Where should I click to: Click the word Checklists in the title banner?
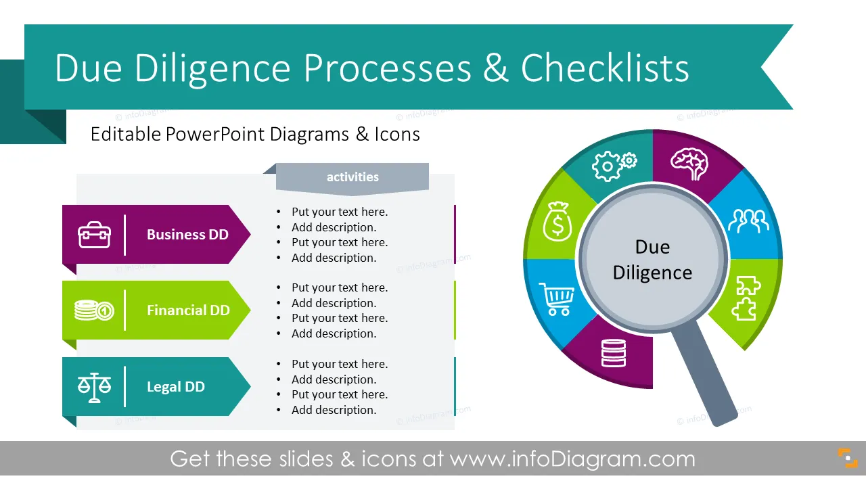coord(605,68)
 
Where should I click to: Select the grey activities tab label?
coord(352,177)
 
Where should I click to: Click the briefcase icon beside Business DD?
coord(94,235)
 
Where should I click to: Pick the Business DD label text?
coord(187,235)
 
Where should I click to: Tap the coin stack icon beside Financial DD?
coord(94,310)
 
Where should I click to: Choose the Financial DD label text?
coord(188,310)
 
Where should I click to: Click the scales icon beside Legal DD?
coord(94,388)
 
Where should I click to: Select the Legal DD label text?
coord(175,387)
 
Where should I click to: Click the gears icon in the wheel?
coord(614,166)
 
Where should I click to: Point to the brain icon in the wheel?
coord(689,164)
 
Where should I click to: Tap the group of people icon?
coord(748,221)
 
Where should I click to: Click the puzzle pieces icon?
coord(746,298)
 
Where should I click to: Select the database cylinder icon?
coord(614,353)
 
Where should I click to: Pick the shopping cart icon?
coord(556,299)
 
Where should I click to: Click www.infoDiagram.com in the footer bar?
coord(572,459)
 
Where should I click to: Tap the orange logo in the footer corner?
coord(848,459)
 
